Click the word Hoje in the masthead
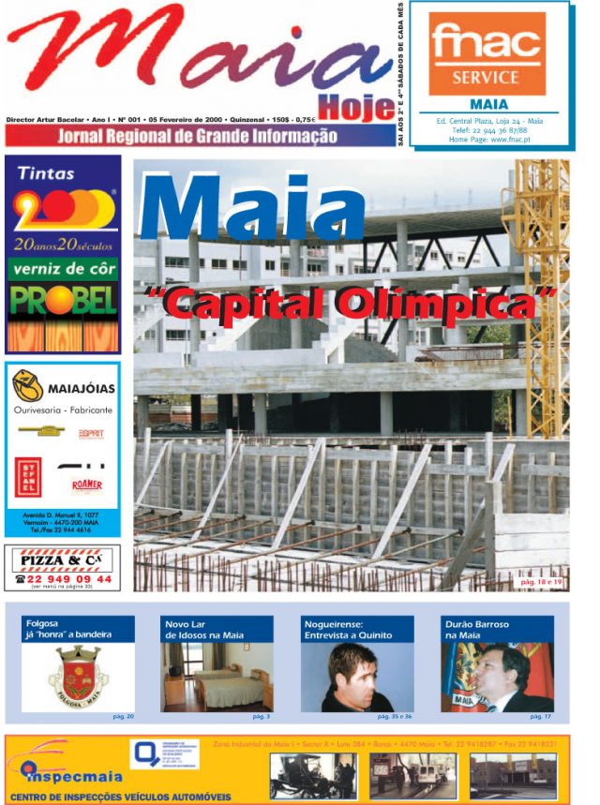(x=356, y=108)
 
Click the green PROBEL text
(x=64, y=300)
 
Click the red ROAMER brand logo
(x=86, y=484)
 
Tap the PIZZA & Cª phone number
(x=64, y=579)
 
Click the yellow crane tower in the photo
(x=538, y=281)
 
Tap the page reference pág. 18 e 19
(x=541, y=582)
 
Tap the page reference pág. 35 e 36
(x=394, y=716)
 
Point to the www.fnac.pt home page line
(x=488, y=139)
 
